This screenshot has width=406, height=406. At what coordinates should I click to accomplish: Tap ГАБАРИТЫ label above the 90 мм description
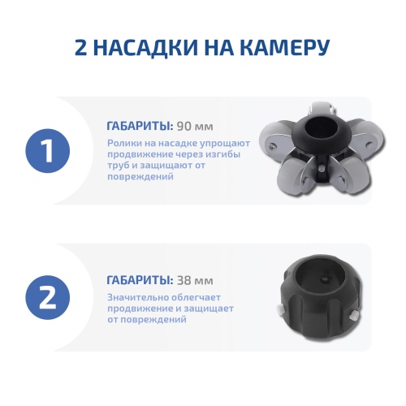coord(139,126)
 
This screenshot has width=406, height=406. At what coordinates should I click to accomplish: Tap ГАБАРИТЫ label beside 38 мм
coord(139,280)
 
